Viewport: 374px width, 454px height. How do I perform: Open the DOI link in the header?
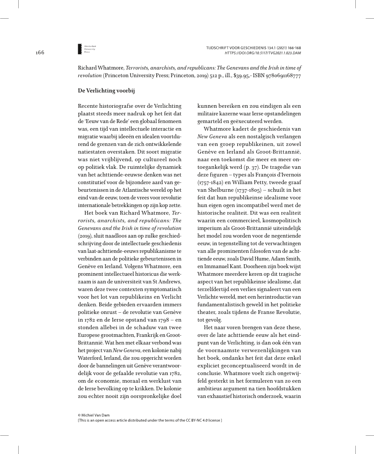tap(263, 53)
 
